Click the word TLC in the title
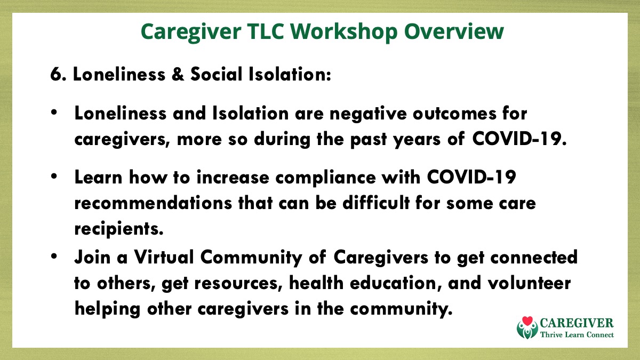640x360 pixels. point(266,31)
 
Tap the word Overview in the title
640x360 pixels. point(454,31)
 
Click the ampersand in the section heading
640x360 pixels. point(178,75)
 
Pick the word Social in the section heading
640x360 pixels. point(217,74)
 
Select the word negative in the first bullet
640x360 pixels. point(368,114)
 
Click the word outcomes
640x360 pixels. point(454,114)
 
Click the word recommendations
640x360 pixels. point(153,203)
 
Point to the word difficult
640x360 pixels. point(375,203)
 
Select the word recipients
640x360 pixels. point(119,229)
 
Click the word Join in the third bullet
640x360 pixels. point(92,257)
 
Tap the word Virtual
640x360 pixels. point(164,257)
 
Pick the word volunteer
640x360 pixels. point(529,283)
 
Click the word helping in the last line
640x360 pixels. point(107,310)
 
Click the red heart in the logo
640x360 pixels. point(527,321)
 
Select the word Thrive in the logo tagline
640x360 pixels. point(550,334)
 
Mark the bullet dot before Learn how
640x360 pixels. point(54,176)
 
